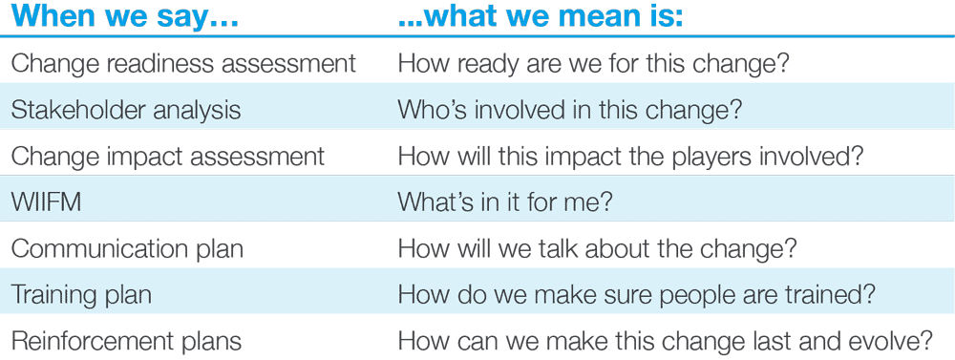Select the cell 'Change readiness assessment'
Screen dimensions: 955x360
[182, 64]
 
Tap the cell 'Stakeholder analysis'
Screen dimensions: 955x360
[125, 110]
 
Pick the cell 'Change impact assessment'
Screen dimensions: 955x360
[168, 156]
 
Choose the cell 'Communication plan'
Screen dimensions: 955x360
[126, 248]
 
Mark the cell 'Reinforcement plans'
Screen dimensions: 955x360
[126, 340]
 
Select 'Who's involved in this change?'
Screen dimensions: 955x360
[569, 110]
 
